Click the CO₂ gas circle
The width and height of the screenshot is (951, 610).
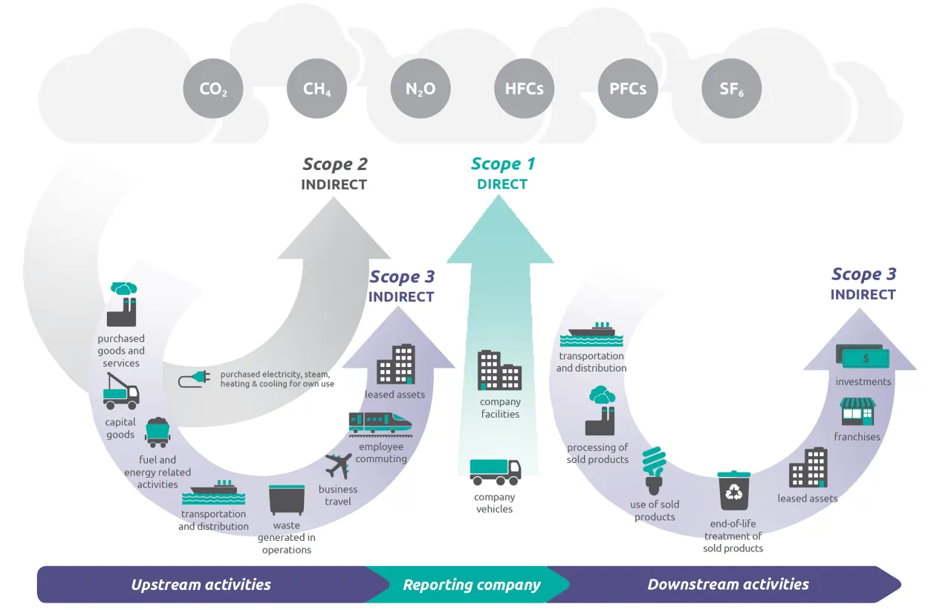point(213,89)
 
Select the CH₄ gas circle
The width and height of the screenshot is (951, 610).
point(317,89)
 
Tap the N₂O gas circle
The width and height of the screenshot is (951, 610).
point(420,89)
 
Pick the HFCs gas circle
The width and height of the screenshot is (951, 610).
point(524,89)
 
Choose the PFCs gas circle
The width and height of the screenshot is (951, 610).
point(628,89)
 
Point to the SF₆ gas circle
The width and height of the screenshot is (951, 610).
point(731,89)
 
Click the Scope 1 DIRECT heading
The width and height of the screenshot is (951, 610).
point(502,173)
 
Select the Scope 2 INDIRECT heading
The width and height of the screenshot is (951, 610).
point(334,173)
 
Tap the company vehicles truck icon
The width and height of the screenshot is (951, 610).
point(495,472)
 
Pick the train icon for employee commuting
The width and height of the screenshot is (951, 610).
point(380,423)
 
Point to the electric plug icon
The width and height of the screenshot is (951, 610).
point(195,380)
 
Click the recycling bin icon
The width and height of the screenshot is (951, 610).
point(733,490)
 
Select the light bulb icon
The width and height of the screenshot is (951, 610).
point(654,470)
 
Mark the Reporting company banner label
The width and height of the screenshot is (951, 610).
point(472,585)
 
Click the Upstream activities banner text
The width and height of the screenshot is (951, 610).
point(201,585)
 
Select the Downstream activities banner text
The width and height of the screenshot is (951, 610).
point(728,585)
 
